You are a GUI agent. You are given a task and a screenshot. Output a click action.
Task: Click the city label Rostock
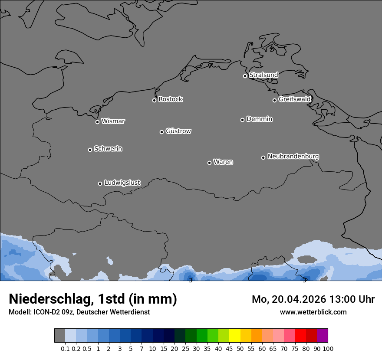[170, 99]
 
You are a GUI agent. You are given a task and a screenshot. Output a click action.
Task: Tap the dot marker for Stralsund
[245, 76]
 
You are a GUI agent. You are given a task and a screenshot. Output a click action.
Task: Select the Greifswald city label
[294, 99]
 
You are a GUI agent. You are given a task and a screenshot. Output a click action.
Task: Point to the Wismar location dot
[97, 122]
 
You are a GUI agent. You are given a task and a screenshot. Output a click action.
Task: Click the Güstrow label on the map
[178, 131]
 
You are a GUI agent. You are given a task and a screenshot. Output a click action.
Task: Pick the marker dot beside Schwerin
[90, 150]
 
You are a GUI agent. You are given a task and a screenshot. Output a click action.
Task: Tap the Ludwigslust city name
[122, 183]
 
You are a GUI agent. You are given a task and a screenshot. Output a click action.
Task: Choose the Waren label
[223, 162]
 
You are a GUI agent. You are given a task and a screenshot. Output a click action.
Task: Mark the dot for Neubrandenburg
[263, 157]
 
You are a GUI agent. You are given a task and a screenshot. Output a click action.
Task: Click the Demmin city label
[259, 119]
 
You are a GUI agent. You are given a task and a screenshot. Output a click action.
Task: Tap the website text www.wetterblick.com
[313, 312]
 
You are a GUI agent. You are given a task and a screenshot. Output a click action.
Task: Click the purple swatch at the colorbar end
[322, 336]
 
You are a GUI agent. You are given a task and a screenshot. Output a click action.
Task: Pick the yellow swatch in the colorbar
[234, 336]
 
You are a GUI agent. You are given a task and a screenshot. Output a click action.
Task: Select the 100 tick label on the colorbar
[328, 348]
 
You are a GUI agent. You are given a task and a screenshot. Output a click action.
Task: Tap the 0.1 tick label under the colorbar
[65, 348]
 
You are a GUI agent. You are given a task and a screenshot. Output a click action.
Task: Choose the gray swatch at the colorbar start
[59, 336]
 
